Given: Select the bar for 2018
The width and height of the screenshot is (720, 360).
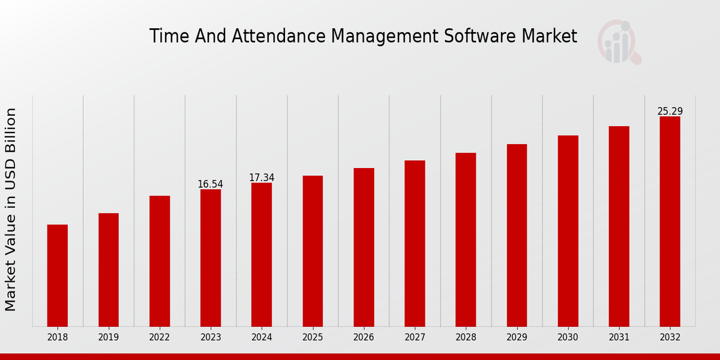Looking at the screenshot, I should pos(58,275).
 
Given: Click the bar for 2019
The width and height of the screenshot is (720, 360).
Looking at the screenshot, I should pos(109,270).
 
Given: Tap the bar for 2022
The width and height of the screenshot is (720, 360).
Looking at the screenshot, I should pos(160,261).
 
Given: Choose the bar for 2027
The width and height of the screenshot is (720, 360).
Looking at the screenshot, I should pos(415,243).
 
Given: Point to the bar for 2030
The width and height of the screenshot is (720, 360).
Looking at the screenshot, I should pos(568,231).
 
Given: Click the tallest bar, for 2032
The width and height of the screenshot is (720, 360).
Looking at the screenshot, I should pos(670,221).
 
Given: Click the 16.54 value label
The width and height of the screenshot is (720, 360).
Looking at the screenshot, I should pos(211,184).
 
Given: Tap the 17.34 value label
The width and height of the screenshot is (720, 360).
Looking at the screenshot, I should pos(262,178).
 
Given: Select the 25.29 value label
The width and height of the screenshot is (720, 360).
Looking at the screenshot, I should pos(670,112).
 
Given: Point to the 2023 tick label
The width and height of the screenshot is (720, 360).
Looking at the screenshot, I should pos(211,338).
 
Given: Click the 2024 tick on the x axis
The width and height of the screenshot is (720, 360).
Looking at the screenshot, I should pos(262,338).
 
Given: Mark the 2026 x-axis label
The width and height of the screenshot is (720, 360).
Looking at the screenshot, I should pos(364,338).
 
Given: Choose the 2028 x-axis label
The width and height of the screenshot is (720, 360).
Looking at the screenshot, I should pos(466,338).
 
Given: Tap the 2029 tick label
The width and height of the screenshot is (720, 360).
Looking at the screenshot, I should pos(517,338).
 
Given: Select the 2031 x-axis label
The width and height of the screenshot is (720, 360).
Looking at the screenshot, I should pos(619,338).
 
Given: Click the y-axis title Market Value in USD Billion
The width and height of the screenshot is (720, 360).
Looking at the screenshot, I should pos(11,209).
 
